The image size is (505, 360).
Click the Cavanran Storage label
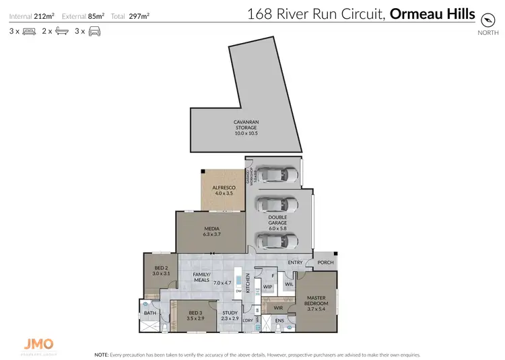[246, 128]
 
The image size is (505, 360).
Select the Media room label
[212, 231]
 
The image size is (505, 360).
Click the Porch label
[325, 262]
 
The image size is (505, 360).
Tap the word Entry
[295, 262]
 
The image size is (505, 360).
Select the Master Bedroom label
[316, 303]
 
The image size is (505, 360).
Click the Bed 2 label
[160, 271]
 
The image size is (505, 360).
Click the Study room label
[230, 314]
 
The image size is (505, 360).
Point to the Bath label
[149, 313]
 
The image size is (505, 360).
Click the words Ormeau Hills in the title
[433, 13]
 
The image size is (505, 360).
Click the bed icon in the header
[29, 31]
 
